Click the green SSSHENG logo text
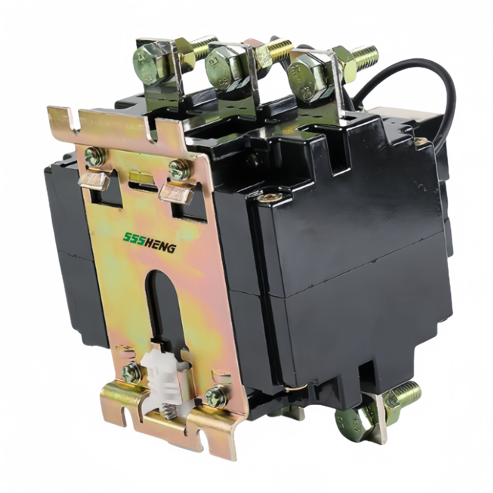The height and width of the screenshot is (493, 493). tap(149, 242)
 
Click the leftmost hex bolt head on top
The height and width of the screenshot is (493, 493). tap(147, 63)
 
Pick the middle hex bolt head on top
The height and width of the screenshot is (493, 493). tap(220, 66)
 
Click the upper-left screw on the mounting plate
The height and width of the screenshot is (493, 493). tap(95, 157)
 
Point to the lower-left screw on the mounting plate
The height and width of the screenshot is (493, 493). tap(131, 373)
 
